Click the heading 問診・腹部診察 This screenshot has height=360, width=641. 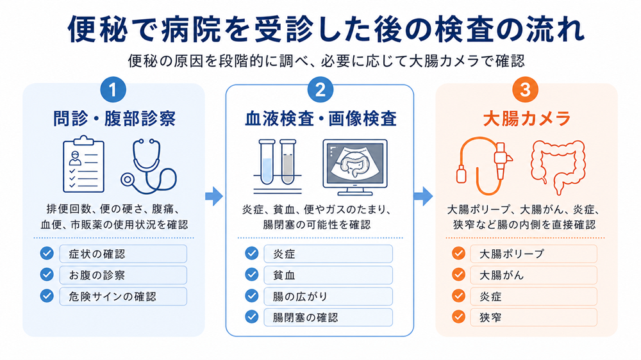click(114, 119)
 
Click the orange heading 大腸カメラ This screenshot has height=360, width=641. click(526, 119)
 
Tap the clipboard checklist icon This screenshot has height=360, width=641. click(83, 165)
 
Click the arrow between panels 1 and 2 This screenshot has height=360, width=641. click(214, 196)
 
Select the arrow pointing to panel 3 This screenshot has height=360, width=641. click(423, 196)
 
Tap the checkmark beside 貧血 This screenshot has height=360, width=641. click(252, 275)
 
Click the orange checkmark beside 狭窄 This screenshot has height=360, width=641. click(458, 317)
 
